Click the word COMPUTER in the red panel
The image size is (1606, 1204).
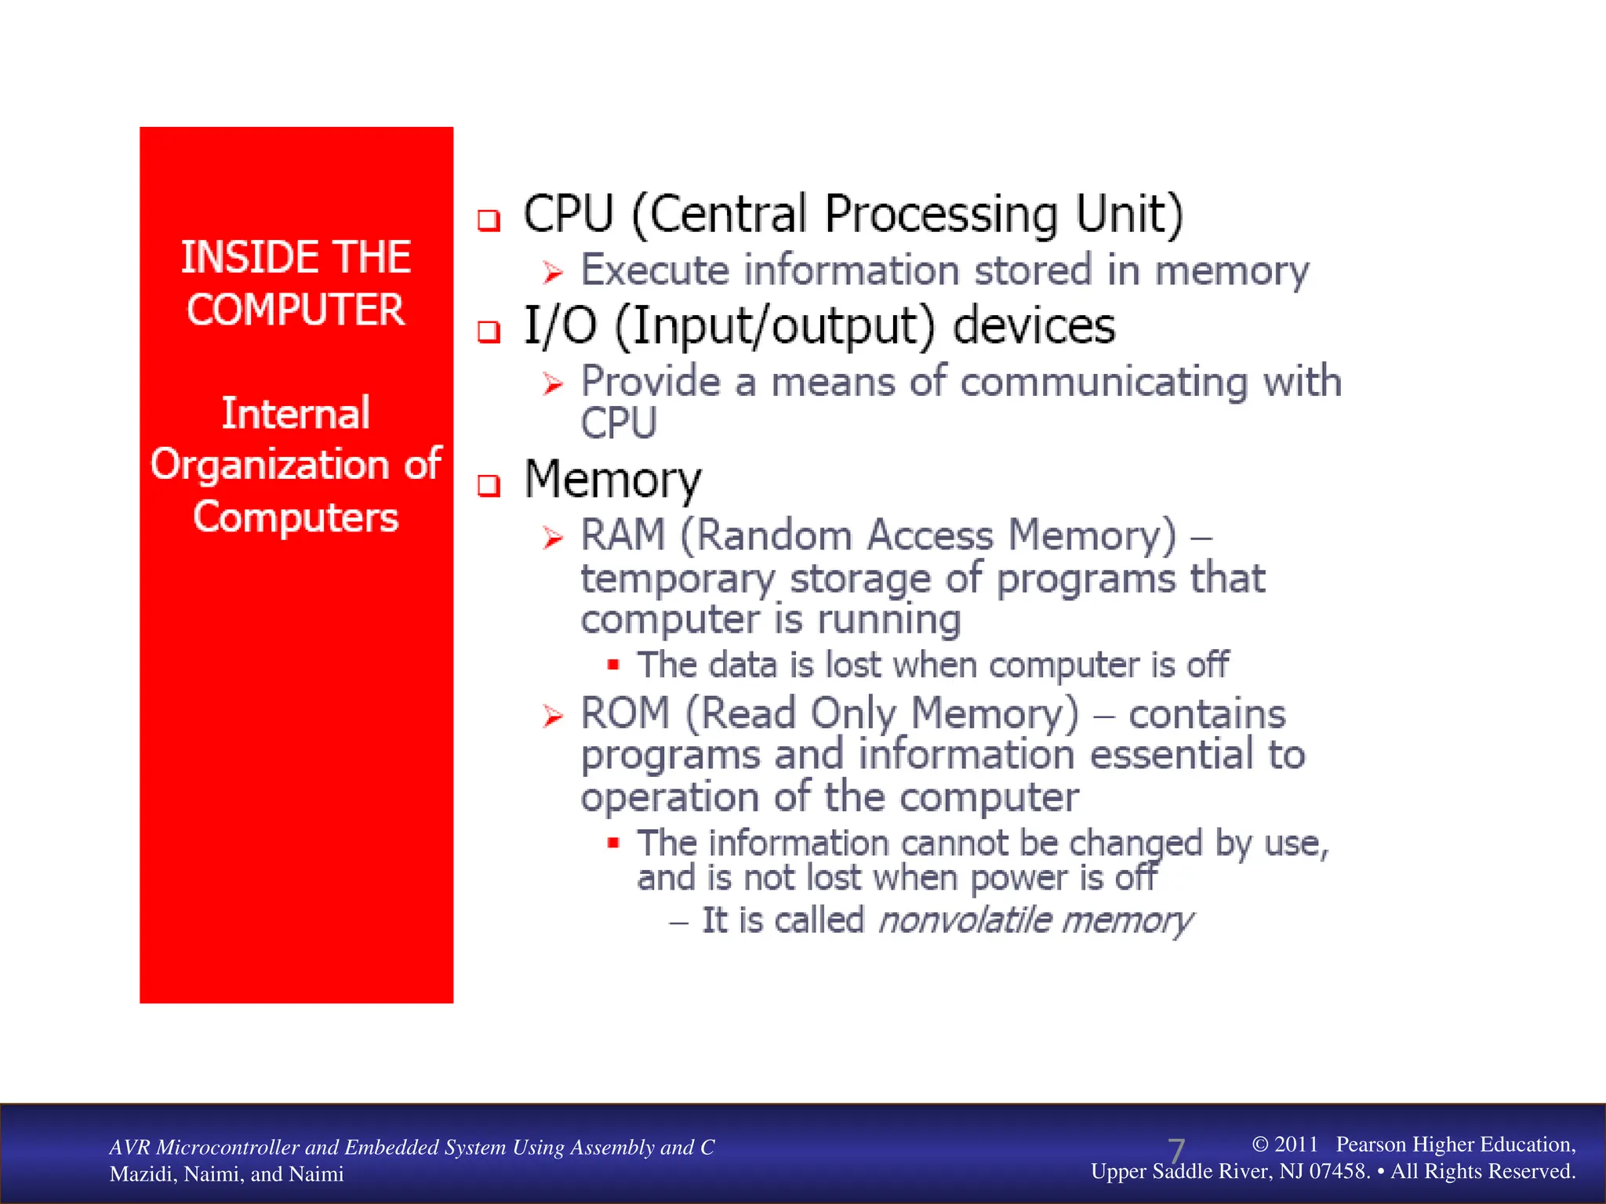(x=296, y=310)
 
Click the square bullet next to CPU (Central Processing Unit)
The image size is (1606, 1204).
(x=489, y=220)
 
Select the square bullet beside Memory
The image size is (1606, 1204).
(x=489, y=486)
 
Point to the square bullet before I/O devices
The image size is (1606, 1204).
(x=489, y=332)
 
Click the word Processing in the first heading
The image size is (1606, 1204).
(x=941, y=215)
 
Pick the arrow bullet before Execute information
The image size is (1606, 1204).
(x=553, y=273)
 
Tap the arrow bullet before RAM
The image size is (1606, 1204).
(x=553, y=538)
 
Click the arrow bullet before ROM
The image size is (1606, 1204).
(x=553, y=716)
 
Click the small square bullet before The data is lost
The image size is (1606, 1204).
(x=613, y=665)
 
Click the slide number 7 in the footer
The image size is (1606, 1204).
(x=1175, y=1151)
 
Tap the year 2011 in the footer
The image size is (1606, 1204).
(x=1296, y=1144)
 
